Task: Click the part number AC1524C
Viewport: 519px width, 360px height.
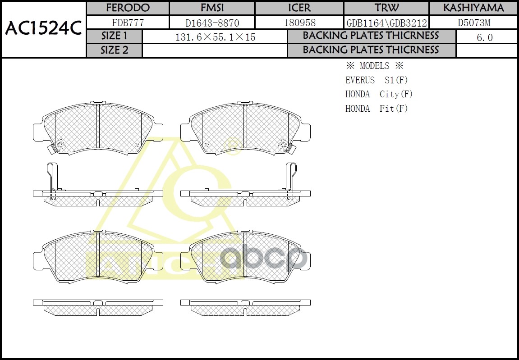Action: coord(43,29)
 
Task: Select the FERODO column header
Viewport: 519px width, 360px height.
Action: coord(127,8)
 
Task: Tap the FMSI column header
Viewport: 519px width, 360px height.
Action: coord(212,8)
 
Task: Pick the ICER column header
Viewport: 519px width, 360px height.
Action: coord(299,8)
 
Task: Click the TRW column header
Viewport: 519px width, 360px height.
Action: coord(386,8)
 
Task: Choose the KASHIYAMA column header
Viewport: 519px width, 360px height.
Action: coord(473,8)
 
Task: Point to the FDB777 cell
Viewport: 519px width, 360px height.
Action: coord(127,23)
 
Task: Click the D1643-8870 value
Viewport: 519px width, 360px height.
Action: coord(212,23)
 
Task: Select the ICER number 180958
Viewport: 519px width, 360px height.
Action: coord(299,23)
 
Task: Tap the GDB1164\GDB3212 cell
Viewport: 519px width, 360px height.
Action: coord(386,23)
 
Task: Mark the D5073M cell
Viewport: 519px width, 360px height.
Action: coord(473,23)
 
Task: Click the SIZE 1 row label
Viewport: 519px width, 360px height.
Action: coord(114,36)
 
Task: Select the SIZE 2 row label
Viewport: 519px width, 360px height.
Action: coord(114,50)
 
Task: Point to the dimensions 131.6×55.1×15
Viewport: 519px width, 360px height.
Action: coord(215,37)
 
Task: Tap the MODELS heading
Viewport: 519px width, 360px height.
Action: coord(374,66)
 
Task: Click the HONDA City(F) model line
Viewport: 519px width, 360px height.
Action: coord(379,94)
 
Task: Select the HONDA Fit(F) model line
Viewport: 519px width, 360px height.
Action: coord(377,109)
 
